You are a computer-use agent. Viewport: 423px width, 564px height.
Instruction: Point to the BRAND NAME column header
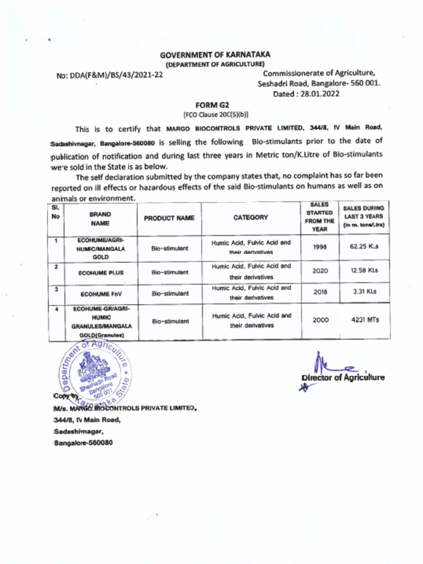(x=99, y=218)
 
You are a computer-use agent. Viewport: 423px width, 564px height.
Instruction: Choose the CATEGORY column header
(x=251, y=218)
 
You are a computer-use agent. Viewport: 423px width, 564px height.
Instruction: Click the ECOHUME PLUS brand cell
(x=101, y=273)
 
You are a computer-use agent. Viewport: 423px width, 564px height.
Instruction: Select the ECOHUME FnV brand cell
(x=101, y=294)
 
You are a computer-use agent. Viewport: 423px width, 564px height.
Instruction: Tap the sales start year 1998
(x=320, y=247)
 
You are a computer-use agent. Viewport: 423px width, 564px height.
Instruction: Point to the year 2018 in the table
(x=320, y=292)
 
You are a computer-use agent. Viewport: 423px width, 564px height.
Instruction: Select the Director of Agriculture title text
(x=343, y=377)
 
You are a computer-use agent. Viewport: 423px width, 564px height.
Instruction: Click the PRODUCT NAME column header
(x=169, y=218)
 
